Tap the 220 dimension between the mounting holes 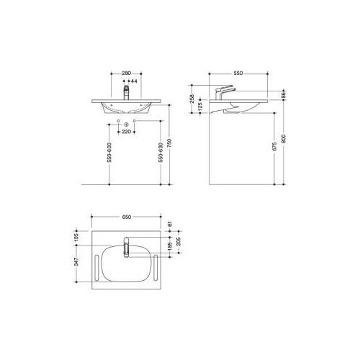[x=126, y=132]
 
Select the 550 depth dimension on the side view [x=240, y=73]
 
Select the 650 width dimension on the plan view [x=127, y=215]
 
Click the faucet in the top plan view [x=126, y=248]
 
